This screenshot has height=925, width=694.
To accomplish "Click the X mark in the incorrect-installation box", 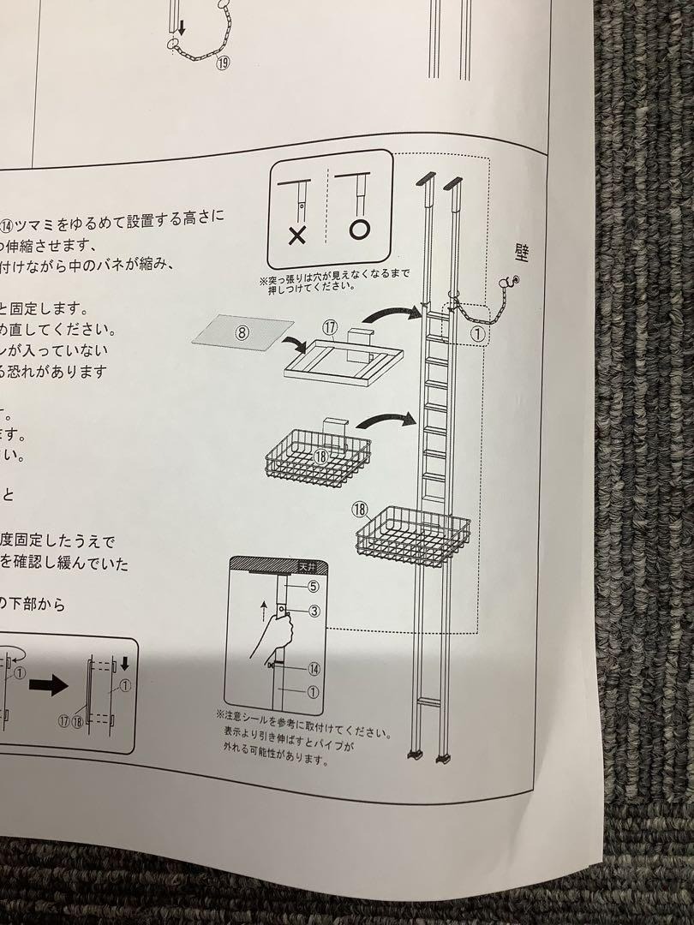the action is (x=297, y=236).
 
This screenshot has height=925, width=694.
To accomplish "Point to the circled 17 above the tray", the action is (x=332, y=327).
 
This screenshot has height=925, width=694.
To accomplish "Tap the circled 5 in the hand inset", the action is (x=313, y=587).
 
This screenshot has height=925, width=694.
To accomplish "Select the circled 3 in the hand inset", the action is (x=314, y=611).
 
